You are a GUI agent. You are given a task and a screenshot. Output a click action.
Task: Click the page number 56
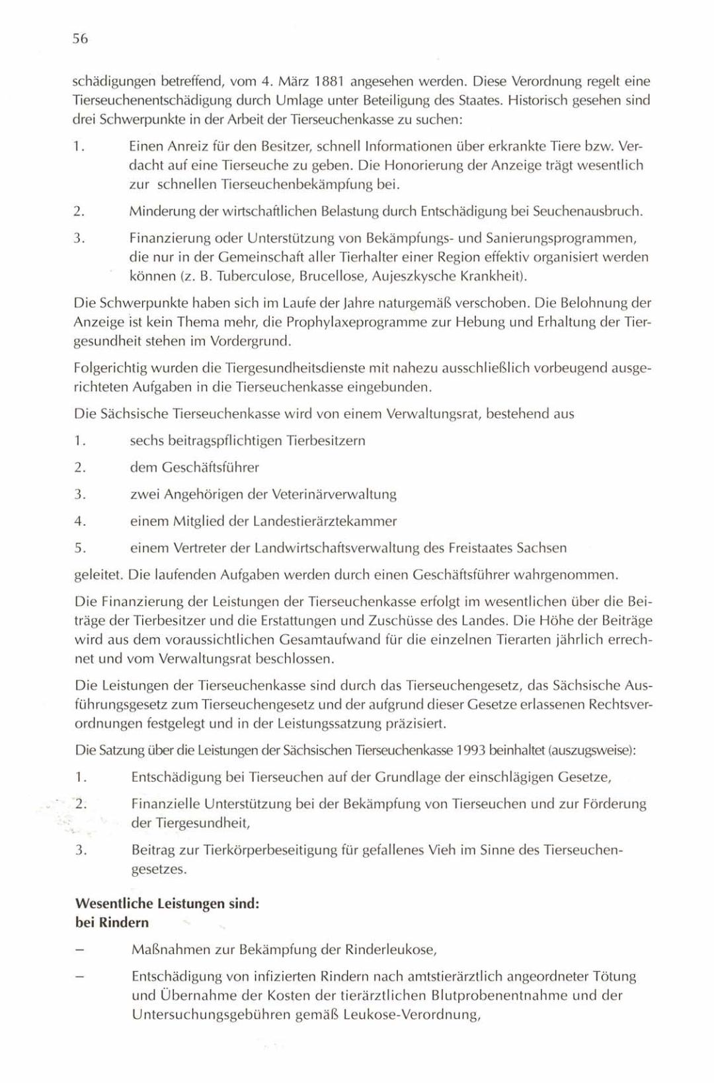point(80,39)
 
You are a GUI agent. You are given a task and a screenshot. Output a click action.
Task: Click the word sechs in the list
point(147,441)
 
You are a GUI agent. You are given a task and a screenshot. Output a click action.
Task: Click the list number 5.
point(80,548)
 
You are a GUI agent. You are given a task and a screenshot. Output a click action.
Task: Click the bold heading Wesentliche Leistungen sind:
point(167,903)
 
